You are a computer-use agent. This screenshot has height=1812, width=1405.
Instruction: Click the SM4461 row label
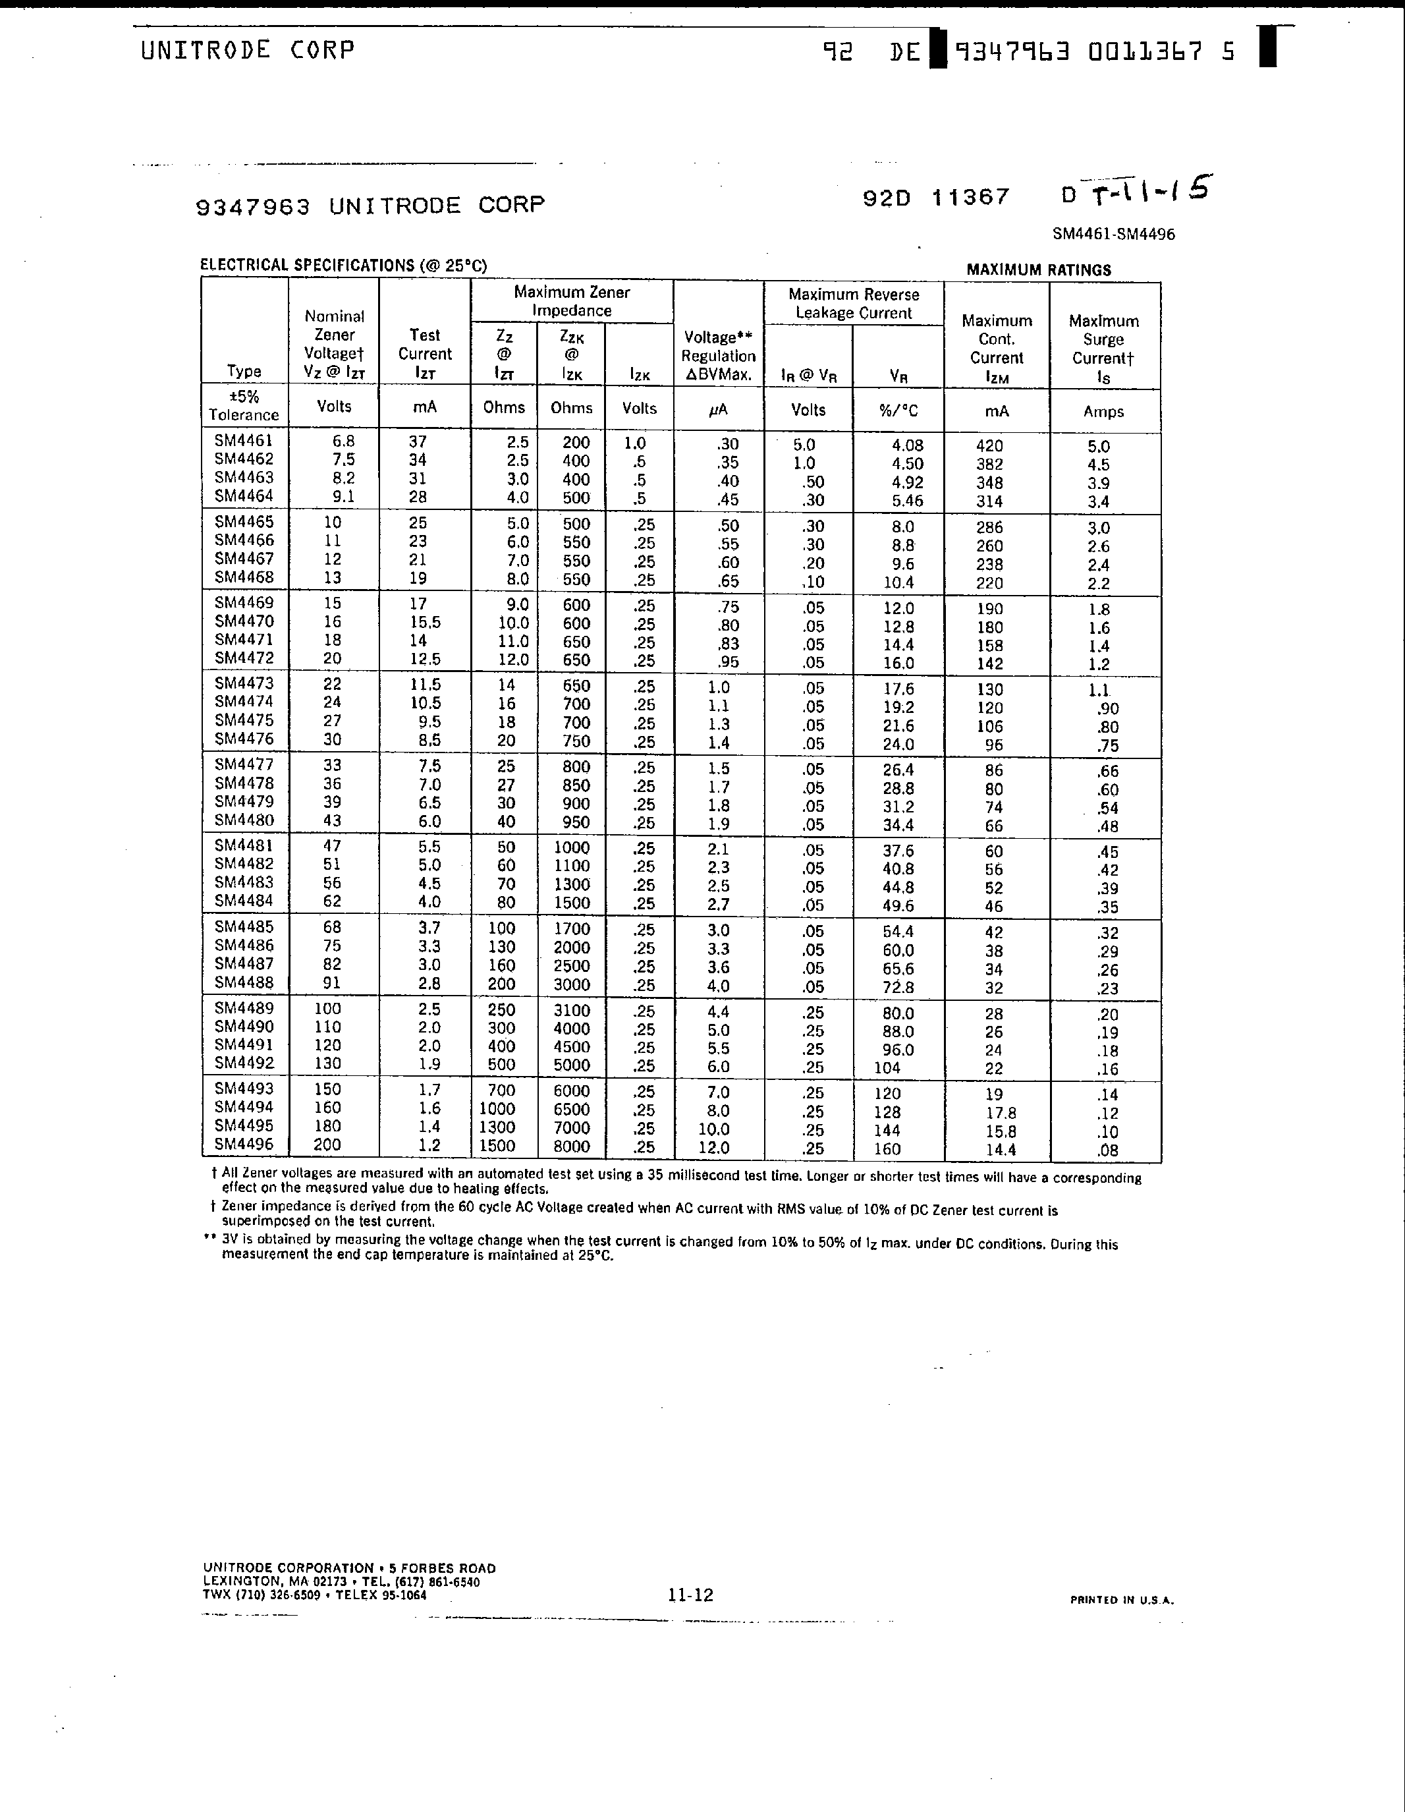click(x=243, y=441)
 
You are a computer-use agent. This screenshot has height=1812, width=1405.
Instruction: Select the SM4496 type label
click(x=243, y=1144)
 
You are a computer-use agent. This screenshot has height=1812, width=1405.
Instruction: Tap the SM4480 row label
click(x=243, y=820)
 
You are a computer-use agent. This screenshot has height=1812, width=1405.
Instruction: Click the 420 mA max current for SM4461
click(x=989, y=446)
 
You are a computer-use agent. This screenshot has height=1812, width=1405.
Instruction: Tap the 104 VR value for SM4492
click(x=887, y=1068)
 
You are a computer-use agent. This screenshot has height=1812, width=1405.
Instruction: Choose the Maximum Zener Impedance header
click(x=572, y=301)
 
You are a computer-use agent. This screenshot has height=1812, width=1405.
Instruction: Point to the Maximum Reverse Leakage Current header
click(x=854, y=304)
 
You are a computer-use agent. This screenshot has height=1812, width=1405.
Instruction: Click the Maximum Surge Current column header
click(x=1104, y=349)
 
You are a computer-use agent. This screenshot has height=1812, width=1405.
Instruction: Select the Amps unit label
click(x=1104, y=412)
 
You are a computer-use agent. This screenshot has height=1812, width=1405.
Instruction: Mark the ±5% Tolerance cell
click(x=244, y=406)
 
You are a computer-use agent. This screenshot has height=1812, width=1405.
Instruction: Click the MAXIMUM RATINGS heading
click(x=1038, y=269)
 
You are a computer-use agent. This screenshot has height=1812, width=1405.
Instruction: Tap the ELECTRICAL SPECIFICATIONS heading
click(x=343, y=266)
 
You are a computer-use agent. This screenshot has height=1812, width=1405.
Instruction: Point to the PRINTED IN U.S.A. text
click(x=1121, y=1600)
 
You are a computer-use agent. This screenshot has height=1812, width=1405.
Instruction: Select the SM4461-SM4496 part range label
click(x=1113, y=234)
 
